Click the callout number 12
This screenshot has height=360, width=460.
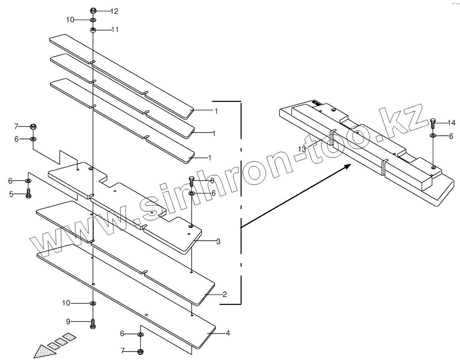point(114,11)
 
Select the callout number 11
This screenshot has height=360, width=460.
point(114,30)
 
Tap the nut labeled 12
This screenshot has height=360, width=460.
point(93,10)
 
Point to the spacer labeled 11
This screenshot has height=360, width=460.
point(92,29)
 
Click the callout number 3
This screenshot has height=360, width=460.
point(218,241)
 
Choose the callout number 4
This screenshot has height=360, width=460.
point(227,332)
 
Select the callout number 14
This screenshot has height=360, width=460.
point(452,122)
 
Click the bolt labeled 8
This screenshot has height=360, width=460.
point(191,182)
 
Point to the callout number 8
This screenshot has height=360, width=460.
point(212,181)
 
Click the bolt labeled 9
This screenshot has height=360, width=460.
point(93,324)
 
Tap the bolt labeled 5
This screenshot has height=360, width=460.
point(28,194)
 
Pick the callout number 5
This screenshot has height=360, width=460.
point(11,194)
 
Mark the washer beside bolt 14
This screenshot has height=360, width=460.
point(433,136)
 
